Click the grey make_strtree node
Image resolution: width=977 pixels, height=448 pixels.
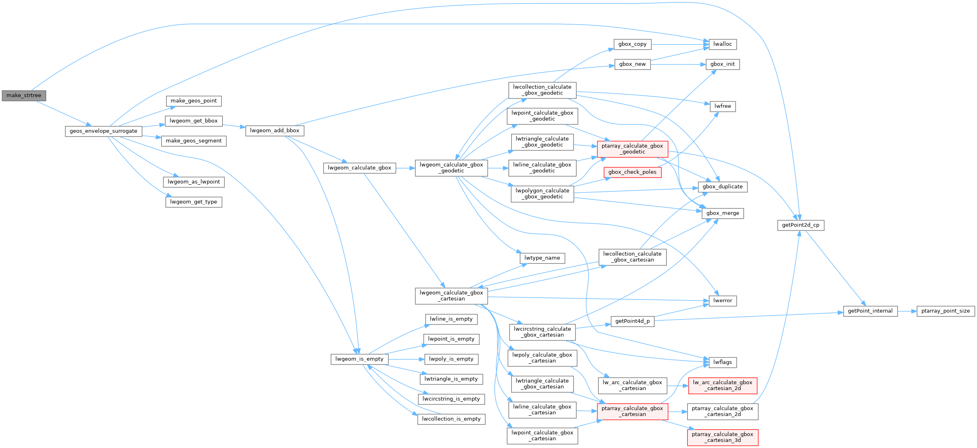[x=24, y=96]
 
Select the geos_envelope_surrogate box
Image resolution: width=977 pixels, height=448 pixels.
[x=103, y=131]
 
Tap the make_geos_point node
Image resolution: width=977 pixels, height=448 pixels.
[x=194, y=101]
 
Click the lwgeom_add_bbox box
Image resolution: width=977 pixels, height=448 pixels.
[x=275, y=130]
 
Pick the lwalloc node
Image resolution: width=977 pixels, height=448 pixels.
[x=723, y=44]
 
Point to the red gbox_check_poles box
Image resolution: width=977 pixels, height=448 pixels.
[x=632, y=172]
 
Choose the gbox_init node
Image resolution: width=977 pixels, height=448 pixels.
[x=723, y=64]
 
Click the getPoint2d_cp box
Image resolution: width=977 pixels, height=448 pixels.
[x=800, y=225]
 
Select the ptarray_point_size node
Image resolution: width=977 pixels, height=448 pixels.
[x=945, y=311]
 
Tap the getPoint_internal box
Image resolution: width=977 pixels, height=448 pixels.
[x=870, y=311]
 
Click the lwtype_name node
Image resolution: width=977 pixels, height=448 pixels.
[x=542, y=258]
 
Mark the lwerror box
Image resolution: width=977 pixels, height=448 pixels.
[x=723, y=301]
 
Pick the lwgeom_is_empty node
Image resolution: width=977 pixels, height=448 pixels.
[x=359, y=359]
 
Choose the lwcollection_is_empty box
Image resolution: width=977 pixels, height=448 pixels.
[x=451, y=419]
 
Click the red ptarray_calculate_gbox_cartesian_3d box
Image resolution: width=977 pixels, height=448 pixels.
[x=722, y=437]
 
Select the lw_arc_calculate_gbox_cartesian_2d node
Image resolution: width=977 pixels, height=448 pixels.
[x=722, y=385]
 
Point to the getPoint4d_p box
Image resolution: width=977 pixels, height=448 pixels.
[x=632, y=321]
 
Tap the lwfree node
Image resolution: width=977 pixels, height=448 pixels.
[x=723, y=107]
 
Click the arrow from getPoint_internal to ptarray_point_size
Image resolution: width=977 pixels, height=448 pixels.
[x=907, y=311]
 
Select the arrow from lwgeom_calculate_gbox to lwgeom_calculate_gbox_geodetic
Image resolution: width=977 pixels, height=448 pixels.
[x=405, y=168]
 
